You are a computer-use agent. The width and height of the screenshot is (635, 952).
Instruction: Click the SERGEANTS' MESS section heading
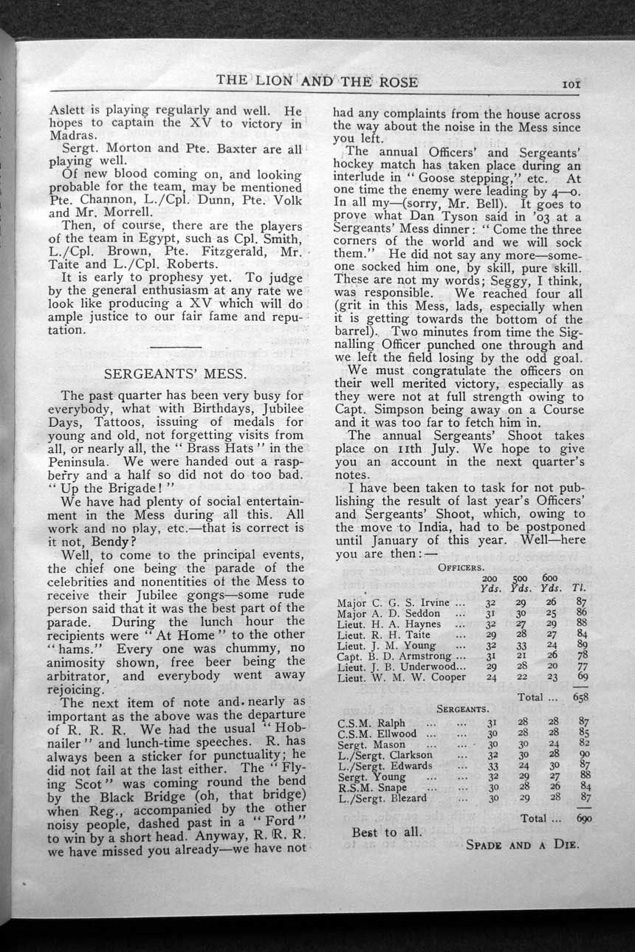(x=175, y=373)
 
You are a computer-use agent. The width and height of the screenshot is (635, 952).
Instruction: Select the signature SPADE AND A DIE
(x=522, y=844)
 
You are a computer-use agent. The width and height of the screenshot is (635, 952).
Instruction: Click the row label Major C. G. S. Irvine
(x=392, y=602)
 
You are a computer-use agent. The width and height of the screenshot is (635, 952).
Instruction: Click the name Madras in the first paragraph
(x=72, y=137)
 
